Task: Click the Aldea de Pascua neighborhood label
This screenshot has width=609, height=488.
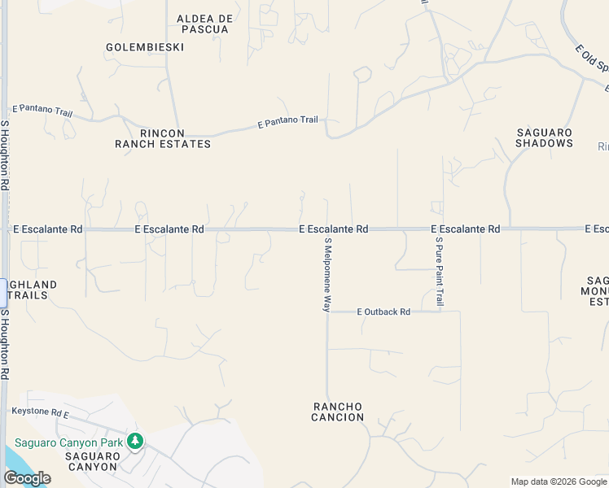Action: [x=204, y=24]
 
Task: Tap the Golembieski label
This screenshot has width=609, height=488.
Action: [x=145, y=47]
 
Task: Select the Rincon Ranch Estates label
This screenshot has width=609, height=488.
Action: [x=163, y=138]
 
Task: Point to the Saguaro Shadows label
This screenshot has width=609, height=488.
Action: [x=545, y=137]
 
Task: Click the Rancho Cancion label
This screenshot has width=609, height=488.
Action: [x=338, y=412]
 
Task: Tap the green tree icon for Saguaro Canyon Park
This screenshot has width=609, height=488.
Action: [x=135, y=442]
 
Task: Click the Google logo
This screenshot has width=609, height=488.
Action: [x=27, y=478]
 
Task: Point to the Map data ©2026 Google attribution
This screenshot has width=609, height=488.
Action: [x=559, y=482]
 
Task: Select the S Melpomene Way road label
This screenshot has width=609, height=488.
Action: [x=328, y=275]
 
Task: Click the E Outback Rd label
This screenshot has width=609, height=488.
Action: [x=383, y=312]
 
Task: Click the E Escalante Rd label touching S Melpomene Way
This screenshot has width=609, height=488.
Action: [x=334, y=229]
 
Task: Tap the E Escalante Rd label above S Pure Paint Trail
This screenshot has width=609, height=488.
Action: [x=465, y=229]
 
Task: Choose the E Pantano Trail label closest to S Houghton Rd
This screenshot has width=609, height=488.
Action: [x=42, y=111]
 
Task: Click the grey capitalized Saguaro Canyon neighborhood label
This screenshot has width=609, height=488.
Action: [x=93, y=461]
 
